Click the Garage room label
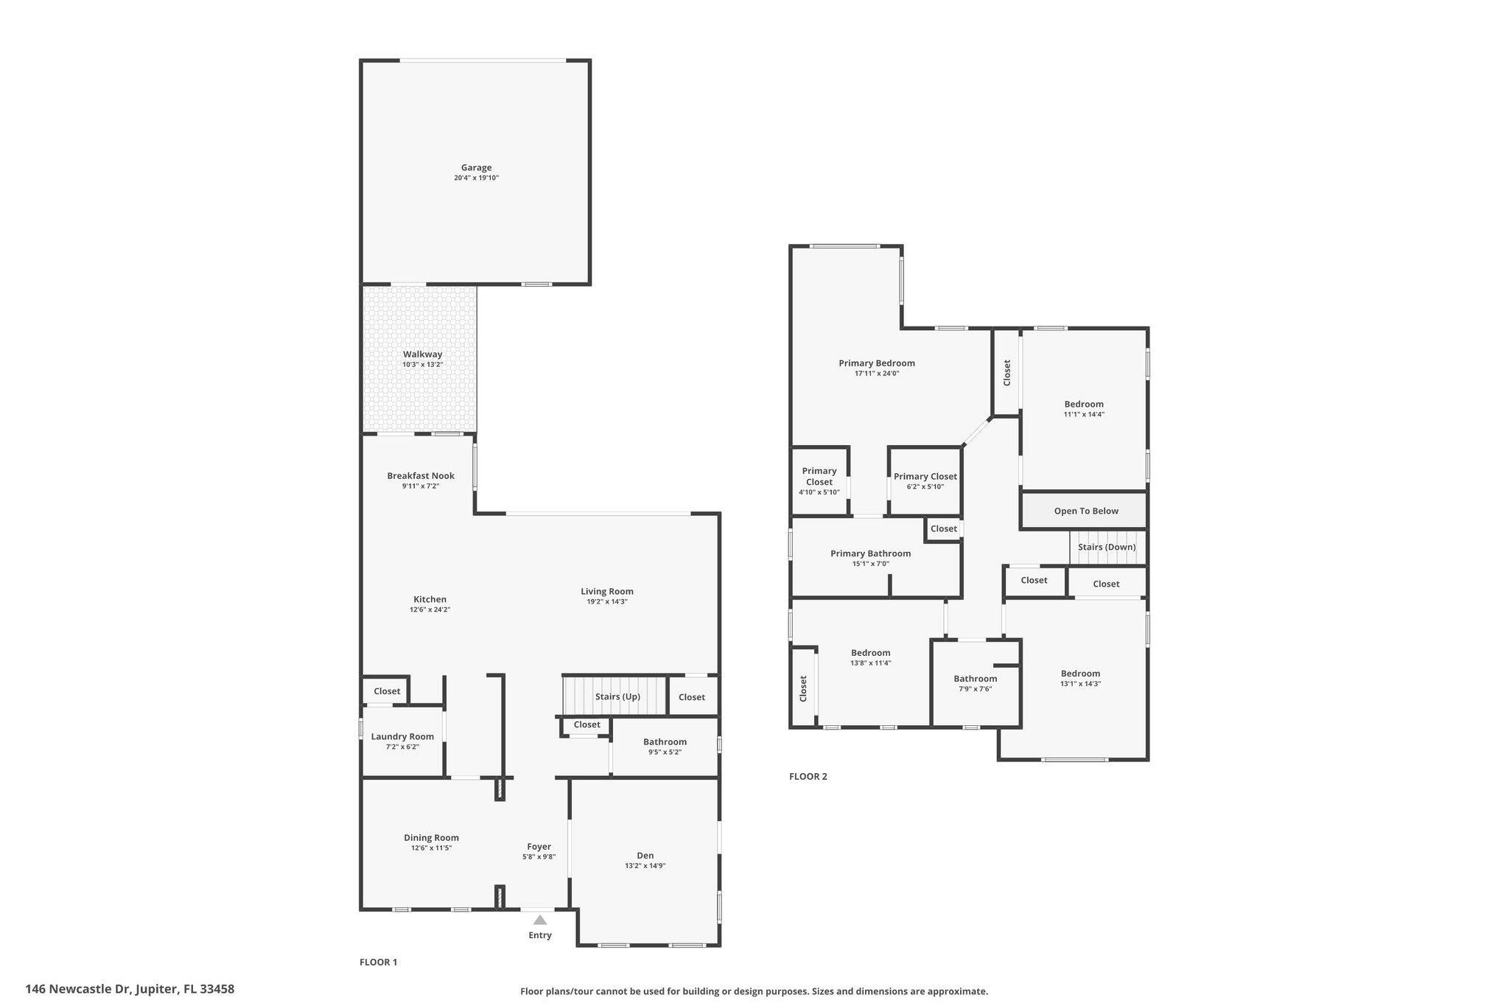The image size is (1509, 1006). pos(476,167)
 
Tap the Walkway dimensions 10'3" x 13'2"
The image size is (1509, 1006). pos(422,365)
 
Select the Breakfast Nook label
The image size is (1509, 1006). pos(421,476)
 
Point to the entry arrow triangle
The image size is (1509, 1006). pos(540,920)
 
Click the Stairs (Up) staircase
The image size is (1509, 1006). pos(615,696)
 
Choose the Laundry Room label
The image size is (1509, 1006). pos(402,736)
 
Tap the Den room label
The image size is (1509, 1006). pos(645,856)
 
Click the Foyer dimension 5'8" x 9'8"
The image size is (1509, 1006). pos(539,857)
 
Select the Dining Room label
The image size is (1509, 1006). pos(431,838)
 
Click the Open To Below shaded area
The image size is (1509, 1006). pos(1085,511)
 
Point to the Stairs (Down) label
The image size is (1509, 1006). pos(1106,548)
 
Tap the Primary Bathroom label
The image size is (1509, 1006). pos(870,553)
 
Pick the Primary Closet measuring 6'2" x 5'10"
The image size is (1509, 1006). pos(925,481)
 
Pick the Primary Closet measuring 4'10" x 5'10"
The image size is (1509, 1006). pos(819,481)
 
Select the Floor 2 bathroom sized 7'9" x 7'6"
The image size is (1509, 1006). pos(975,683)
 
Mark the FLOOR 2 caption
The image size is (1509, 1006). pos(808,777)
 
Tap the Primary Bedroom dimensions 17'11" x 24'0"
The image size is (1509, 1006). pos(876,374)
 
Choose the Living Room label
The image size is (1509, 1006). pos(606,592)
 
